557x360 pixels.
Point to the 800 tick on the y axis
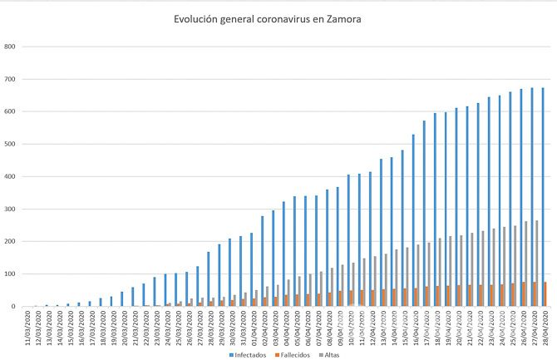coord(11,47)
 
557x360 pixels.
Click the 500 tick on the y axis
coord(11,144)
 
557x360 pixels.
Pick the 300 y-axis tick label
coord(11,209)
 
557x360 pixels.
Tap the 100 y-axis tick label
coord(11,274)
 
